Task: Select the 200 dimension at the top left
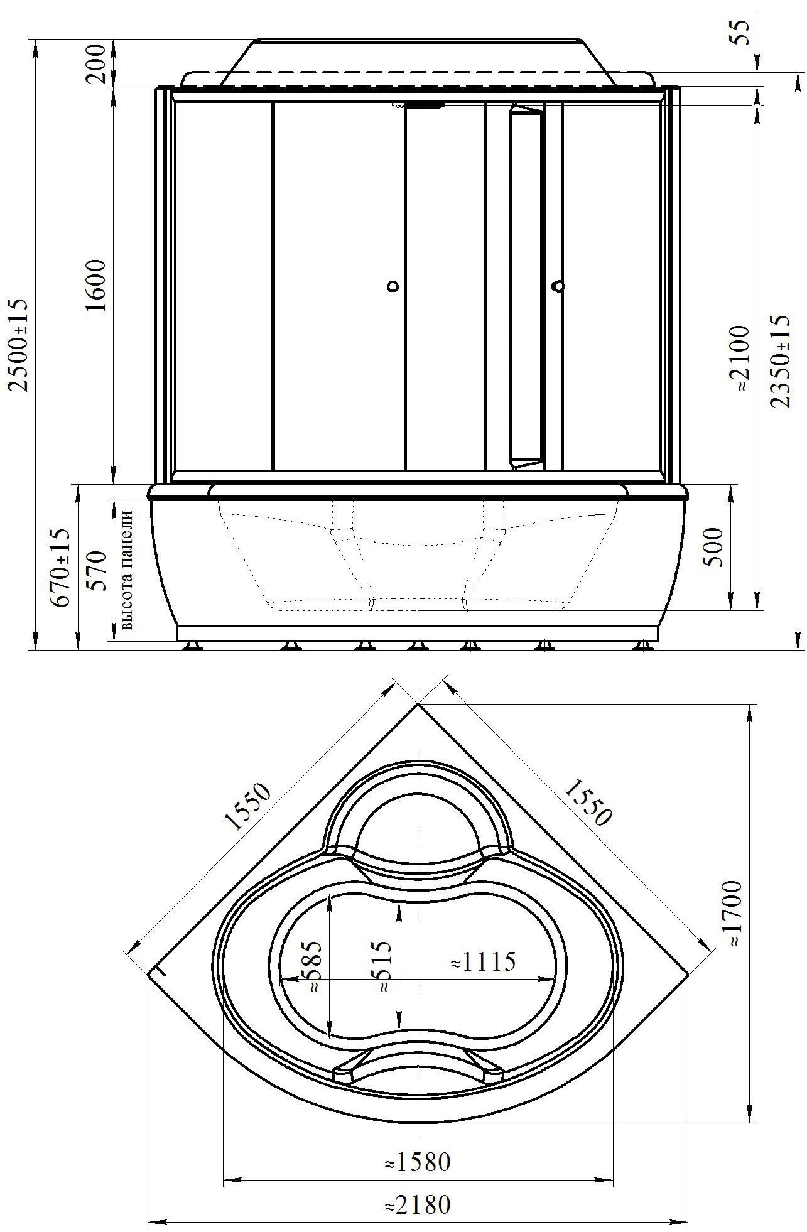click(x=97, y=63)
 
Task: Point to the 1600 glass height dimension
click(x=97, y=285)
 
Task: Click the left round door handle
click(x=393, y=287)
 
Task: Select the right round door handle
click(x=558, y=287)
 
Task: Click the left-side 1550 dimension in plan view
click(x=249, y=807)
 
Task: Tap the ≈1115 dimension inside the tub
click(x=484, y=961)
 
